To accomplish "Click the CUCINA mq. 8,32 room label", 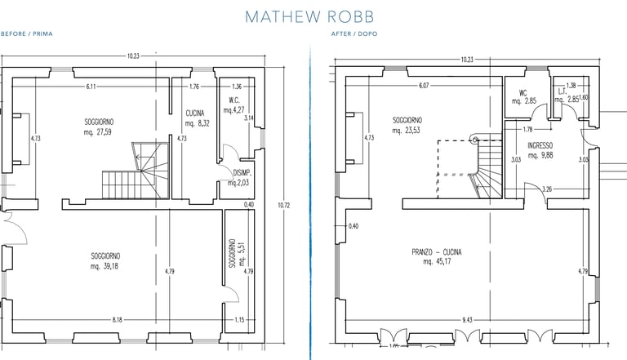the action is (196, 118).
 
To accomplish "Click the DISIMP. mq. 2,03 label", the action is (240, 178).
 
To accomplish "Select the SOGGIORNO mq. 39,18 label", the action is (107, 261).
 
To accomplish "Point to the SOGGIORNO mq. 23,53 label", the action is (408, 126).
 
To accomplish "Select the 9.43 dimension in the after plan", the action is (467, 319).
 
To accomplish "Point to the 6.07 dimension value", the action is (422, 86).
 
